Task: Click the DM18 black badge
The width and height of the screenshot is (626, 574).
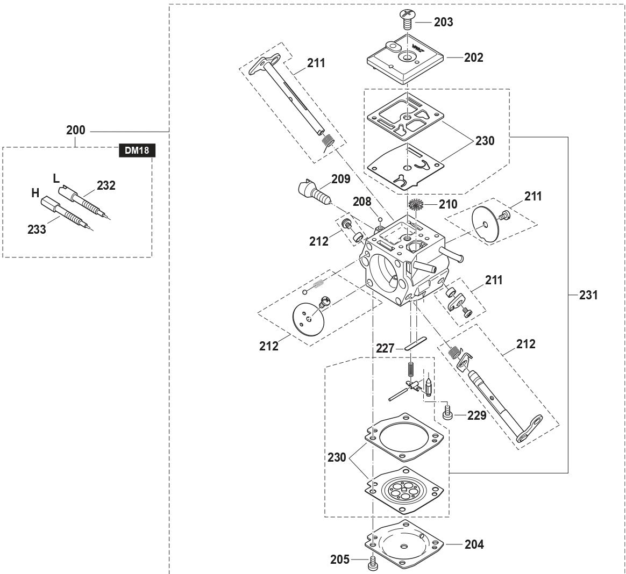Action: click(137, 151)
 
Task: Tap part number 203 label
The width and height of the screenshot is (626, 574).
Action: click(444, 23)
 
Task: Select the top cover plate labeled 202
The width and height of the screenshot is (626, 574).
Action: click(407, 59)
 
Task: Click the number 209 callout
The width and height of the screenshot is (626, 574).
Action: click(340, 179)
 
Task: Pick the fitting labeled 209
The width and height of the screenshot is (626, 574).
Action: click(311, 191)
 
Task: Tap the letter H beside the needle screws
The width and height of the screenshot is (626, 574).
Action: click(35, 193)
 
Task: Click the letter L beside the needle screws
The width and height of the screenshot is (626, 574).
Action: click(56, 178)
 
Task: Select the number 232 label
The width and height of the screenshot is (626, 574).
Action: click(106, 186)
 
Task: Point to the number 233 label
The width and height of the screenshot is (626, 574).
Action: click(37, 229)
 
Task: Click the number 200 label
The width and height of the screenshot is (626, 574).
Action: click(75, 131)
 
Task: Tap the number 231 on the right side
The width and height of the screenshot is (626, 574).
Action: click(588, 295)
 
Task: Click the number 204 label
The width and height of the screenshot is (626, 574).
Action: click(474, 544)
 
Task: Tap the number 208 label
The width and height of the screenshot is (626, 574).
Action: click(362, 202)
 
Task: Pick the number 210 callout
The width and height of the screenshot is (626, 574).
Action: click(447, 204)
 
